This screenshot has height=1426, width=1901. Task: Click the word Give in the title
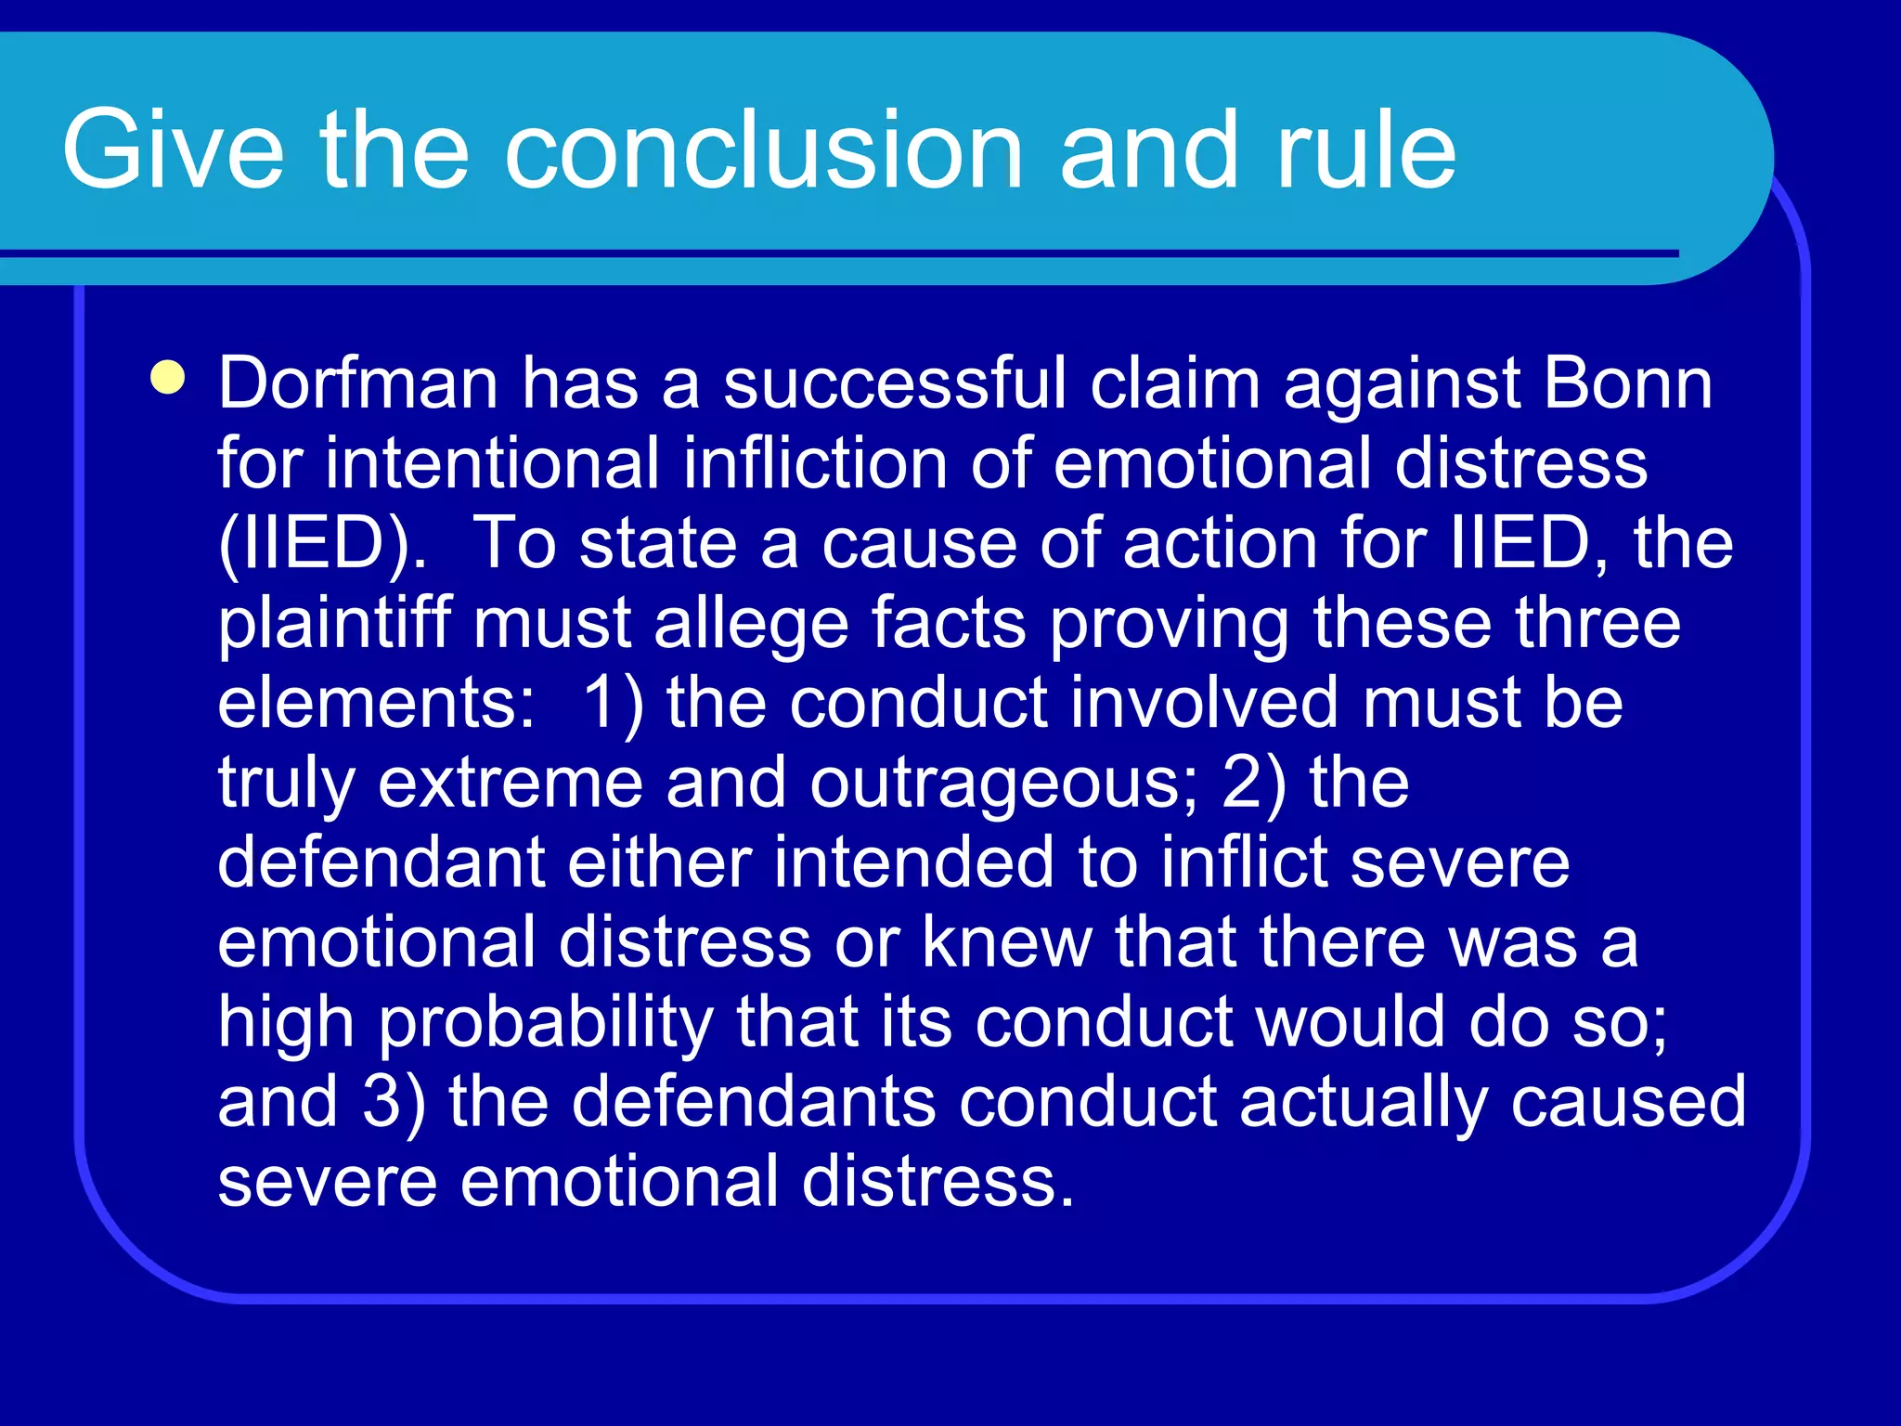[x=173, y=149]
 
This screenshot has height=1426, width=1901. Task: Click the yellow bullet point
[x=168, y=379]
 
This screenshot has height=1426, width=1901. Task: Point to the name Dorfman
[x=358, y=382]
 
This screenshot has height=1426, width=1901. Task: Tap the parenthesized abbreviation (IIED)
[x=323, y=544]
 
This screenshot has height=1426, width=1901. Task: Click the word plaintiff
[x=334, y=624]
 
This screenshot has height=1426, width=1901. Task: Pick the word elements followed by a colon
[x=376, y=703]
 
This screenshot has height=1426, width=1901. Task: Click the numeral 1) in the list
[x=613, y=703]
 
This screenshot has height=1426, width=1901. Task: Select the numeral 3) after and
[x=394, y=1102]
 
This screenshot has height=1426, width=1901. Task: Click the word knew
[x=1006, y=942]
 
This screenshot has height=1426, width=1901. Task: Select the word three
[x=1597, y=623]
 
